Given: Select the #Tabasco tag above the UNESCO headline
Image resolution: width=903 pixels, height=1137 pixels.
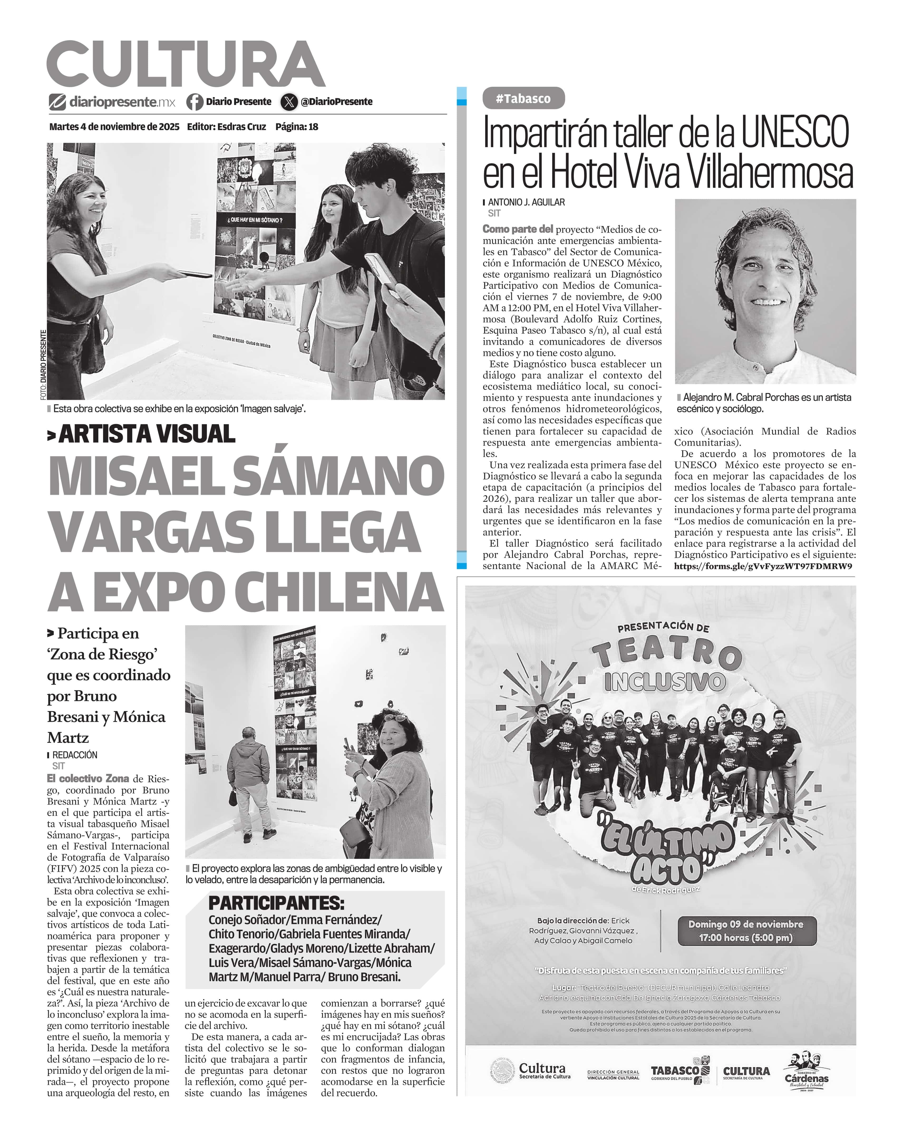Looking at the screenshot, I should pyautogui.click(x=523, y=99).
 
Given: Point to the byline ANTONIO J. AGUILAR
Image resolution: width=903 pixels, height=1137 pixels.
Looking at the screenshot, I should pyautogui.click(x=526, y=202).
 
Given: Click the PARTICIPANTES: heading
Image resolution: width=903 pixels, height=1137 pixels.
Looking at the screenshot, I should pyautogui.click(x=276, y=903).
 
